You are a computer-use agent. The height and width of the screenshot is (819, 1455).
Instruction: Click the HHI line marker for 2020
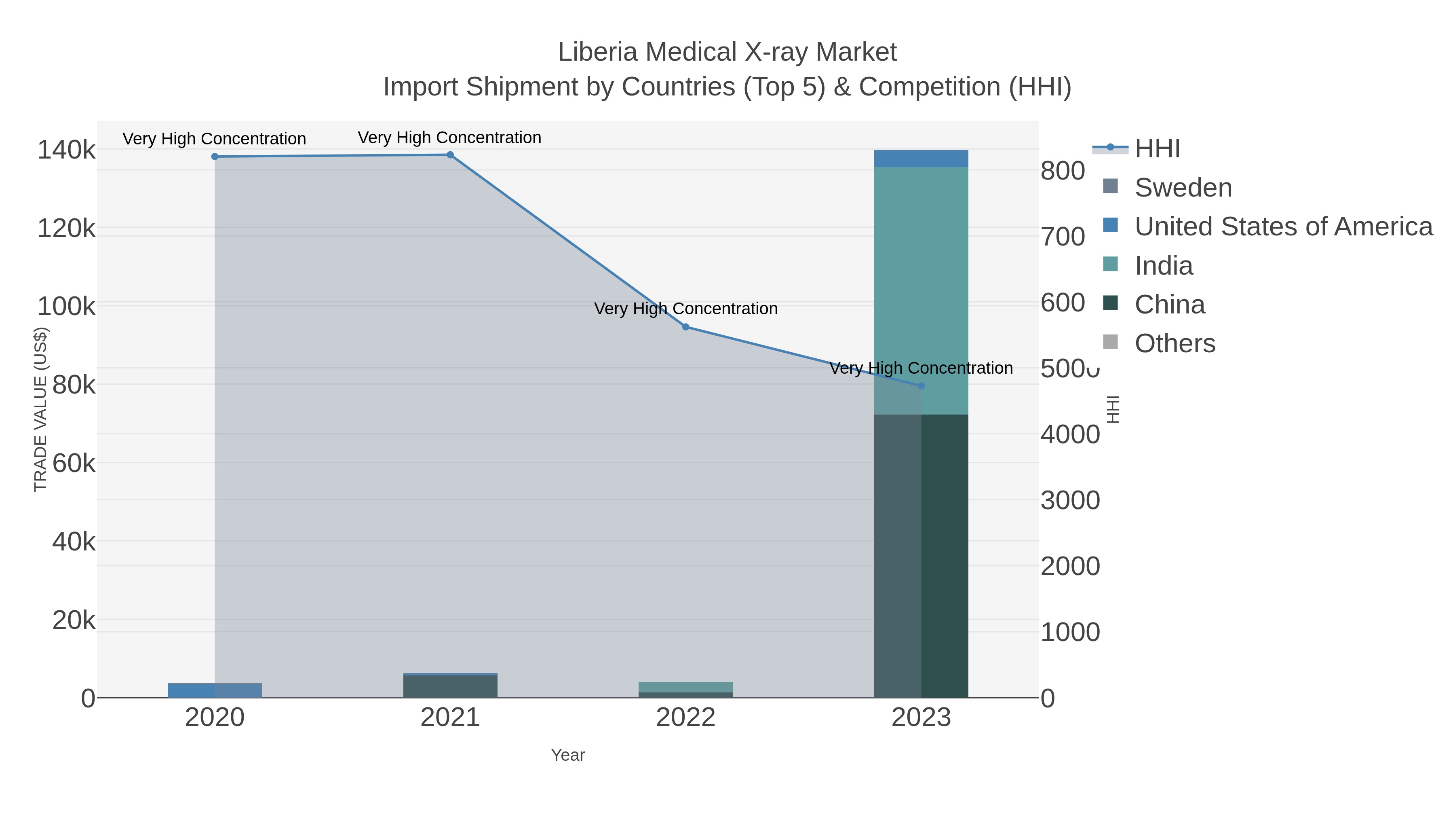point(215,157)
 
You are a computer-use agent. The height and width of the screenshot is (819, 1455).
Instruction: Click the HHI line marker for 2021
point(450,155)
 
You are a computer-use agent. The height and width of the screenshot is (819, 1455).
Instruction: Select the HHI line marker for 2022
point(686,327)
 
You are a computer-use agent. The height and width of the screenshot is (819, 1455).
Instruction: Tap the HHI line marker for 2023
point(921,386)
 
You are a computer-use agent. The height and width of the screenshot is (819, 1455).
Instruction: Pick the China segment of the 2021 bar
point(450,686)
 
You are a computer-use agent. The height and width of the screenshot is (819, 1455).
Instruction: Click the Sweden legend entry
point(1183,188)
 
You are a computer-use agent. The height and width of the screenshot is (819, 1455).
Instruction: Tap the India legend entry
point(1164,266)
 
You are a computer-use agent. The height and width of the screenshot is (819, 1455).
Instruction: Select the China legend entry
point(1169,305)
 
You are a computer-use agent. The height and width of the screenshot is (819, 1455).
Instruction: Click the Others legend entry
point(1175,344)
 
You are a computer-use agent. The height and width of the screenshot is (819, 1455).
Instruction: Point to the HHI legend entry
point(1157,149)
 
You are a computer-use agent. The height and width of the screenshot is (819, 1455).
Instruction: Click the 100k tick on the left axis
point(67,307)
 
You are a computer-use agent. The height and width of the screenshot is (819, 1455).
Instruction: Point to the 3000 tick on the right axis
point(1070,501)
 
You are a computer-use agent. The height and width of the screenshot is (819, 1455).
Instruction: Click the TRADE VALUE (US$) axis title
point(41,409)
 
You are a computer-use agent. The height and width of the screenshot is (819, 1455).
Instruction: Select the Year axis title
point(568,755)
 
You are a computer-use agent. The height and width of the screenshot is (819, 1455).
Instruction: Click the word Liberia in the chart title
point(598,52)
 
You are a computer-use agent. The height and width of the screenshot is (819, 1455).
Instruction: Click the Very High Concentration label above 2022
point(686,309)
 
